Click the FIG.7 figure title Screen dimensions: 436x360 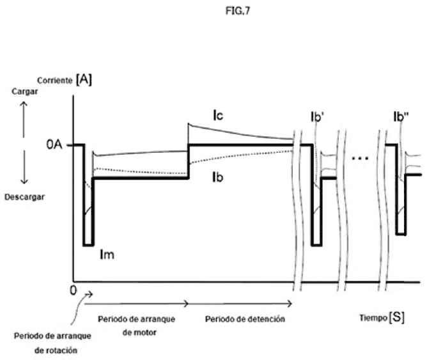coord(237,11)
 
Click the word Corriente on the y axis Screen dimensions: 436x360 coord(54,81)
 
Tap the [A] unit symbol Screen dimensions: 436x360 coord(84,79)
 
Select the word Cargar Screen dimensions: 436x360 coord(24,91)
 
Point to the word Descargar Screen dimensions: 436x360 coord(24,197)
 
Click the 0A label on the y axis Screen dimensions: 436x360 coord(54,145)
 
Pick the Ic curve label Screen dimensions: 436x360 coord(218,115)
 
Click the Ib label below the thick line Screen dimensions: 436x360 coord(217,177)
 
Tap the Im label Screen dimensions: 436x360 coord(107,254)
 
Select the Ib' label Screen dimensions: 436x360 coord(317,117)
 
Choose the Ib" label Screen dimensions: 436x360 coord(401,117)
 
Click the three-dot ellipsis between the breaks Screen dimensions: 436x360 coord(360,159)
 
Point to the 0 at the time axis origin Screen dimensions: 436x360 coord(73,290)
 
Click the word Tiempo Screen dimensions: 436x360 coord(373,318)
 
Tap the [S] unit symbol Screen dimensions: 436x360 coord(396,317)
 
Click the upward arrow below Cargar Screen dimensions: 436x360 coord(24,120)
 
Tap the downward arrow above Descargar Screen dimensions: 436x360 coord(24,167)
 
